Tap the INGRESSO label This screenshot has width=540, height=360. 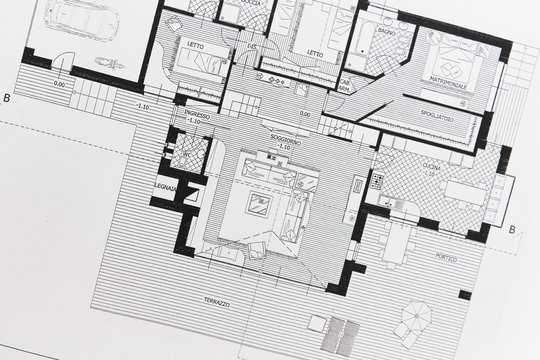coord(197,116)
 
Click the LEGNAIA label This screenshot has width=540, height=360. coord(165,189)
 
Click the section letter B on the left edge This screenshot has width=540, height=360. coord(7,97)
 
